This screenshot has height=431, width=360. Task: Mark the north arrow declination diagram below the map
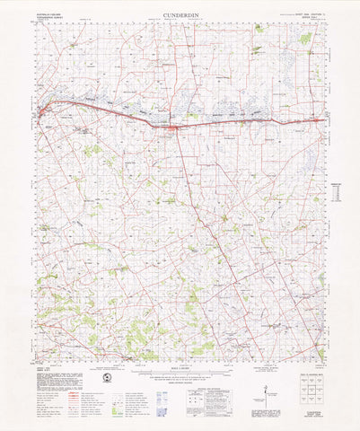click(267, 388)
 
